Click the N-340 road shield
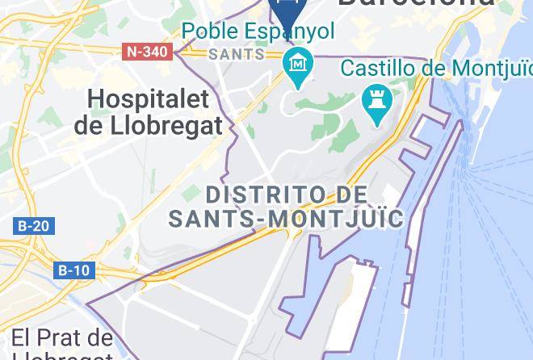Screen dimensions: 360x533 point(148,52)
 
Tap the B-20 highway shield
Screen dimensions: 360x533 point(33,226)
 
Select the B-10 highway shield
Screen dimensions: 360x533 point(74,270)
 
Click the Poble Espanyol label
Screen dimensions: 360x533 point(258,32)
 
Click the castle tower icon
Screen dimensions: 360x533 point(378,103)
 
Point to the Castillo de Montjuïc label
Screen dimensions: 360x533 point(436,68)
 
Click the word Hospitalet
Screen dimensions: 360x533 point(148,100)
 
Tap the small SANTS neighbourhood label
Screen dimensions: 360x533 point(237,54)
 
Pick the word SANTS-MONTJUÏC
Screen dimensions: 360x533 point(286,218)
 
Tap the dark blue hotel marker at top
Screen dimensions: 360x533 point(286,11)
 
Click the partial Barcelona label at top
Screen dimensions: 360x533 point(416,3)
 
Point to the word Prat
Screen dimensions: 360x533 point(65,337)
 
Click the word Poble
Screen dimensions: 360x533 point(210,32)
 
